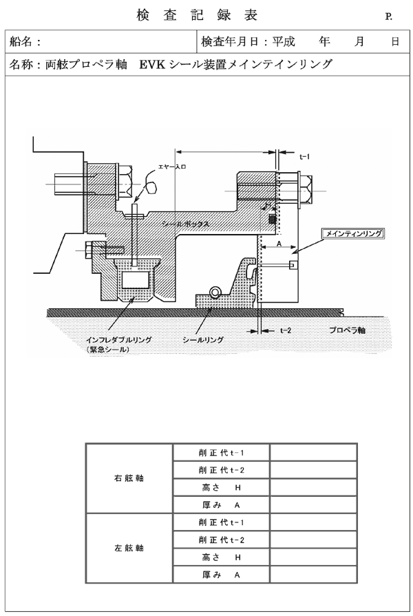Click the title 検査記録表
197,15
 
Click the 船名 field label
21,41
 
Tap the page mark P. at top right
389,17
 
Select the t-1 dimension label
304,156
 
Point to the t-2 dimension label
286,330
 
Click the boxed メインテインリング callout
353,233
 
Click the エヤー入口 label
171,167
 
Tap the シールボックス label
185,224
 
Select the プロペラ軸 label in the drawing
347,330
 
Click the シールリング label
203,340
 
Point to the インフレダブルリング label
118,340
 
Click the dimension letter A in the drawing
279,244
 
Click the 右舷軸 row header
129,478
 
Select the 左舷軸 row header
129,548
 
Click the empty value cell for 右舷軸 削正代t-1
313,453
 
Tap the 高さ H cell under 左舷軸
221,557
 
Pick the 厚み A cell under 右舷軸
221,505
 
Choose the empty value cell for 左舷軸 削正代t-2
313,540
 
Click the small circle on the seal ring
215,292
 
